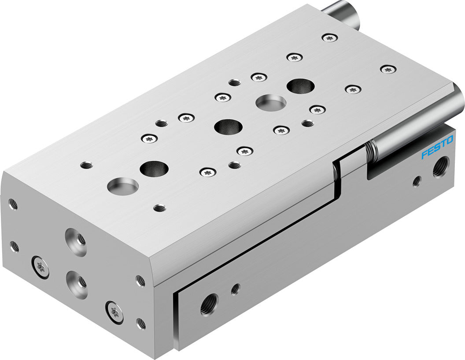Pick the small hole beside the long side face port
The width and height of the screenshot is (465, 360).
[235, 289]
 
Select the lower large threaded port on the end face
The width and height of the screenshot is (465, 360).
[75, 278]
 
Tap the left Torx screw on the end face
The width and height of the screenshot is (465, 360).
[41, 266]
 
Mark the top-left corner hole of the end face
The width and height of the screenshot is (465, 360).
[13, 204]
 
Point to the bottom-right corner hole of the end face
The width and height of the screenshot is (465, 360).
[141, 324]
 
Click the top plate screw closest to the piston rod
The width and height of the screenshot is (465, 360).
[330, 38]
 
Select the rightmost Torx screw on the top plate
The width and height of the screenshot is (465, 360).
[387, 69]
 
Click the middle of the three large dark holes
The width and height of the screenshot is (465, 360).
[229, 127]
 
